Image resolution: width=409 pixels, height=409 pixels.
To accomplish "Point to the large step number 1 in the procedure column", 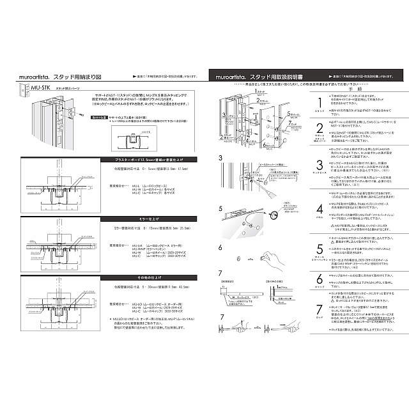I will [319, 104].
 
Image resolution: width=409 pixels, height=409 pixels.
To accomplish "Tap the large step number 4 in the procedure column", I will [319, 209].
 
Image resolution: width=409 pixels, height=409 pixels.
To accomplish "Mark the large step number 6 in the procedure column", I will [319, 279].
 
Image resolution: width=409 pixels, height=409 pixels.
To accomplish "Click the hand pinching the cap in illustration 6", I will [273, 257].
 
